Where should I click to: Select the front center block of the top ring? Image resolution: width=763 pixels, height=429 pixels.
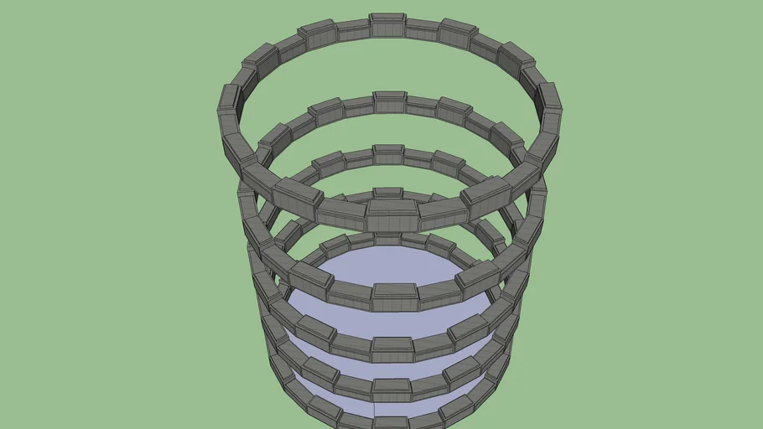click(x=392, y=214)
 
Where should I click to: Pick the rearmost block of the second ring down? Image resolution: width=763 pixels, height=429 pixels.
click(x=389, y=101)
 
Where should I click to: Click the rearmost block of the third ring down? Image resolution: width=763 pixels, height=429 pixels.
click(x=387, y=154)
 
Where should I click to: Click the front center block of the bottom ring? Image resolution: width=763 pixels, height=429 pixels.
click(x=391, y=421)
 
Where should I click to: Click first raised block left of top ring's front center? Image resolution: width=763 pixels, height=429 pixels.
click(x=297, y=199)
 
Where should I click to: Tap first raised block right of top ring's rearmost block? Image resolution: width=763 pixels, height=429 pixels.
click(x=458, y=32)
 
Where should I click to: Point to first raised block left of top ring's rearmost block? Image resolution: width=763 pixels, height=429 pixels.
click(x=317, y=34)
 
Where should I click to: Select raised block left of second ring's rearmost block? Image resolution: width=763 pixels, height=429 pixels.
click(x=325, y=111)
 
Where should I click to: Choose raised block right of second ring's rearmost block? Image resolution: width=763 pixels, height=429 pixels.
click(x=454, y=110)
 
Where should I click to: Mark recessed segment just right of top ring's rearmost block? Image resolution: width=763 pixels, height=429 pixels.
click(x=423, y=29)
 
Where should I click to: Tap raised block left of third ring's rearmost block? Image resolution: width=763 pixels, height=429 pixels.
click(x=329, y=160)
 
